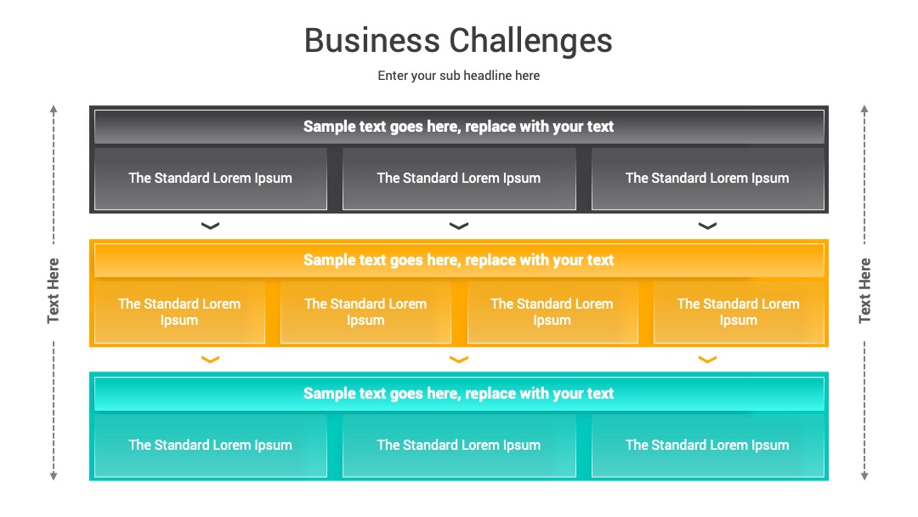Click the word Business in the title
tap(371, 41)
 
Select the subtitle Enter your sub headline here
tap(458, 76)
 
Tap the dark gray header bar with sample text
tap(459, 127)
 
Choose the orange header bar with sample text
tap(459, 260)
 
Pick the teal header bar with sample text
tap(459, 394)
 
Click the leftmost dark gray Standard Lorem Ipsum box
tap(211, 179)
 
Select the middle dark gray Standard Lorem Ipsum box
tap(459, 179)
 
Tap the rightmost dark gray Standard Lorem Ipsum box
tap(708, 179)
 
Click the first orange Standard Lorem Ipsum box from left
tap(179, 312)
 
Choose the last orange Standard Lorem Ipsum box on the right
tap(739, 312)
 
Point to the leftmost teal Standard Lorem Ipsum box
tap(211, 446)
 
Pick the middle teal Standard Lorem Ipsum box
tap(459, 446)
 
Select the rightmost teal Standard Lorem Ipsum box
tap(708, 446)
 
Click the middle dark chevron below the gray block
tap(459, 226)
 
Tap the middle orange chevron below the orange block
tap(459, 360)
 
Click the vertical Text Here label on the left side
tap(54, 291)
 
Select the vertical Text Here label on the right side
tap(864, 291)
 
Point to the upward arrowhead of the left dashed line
tap(54, 109)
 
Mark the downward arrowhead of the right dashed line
tap(864, 476)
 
